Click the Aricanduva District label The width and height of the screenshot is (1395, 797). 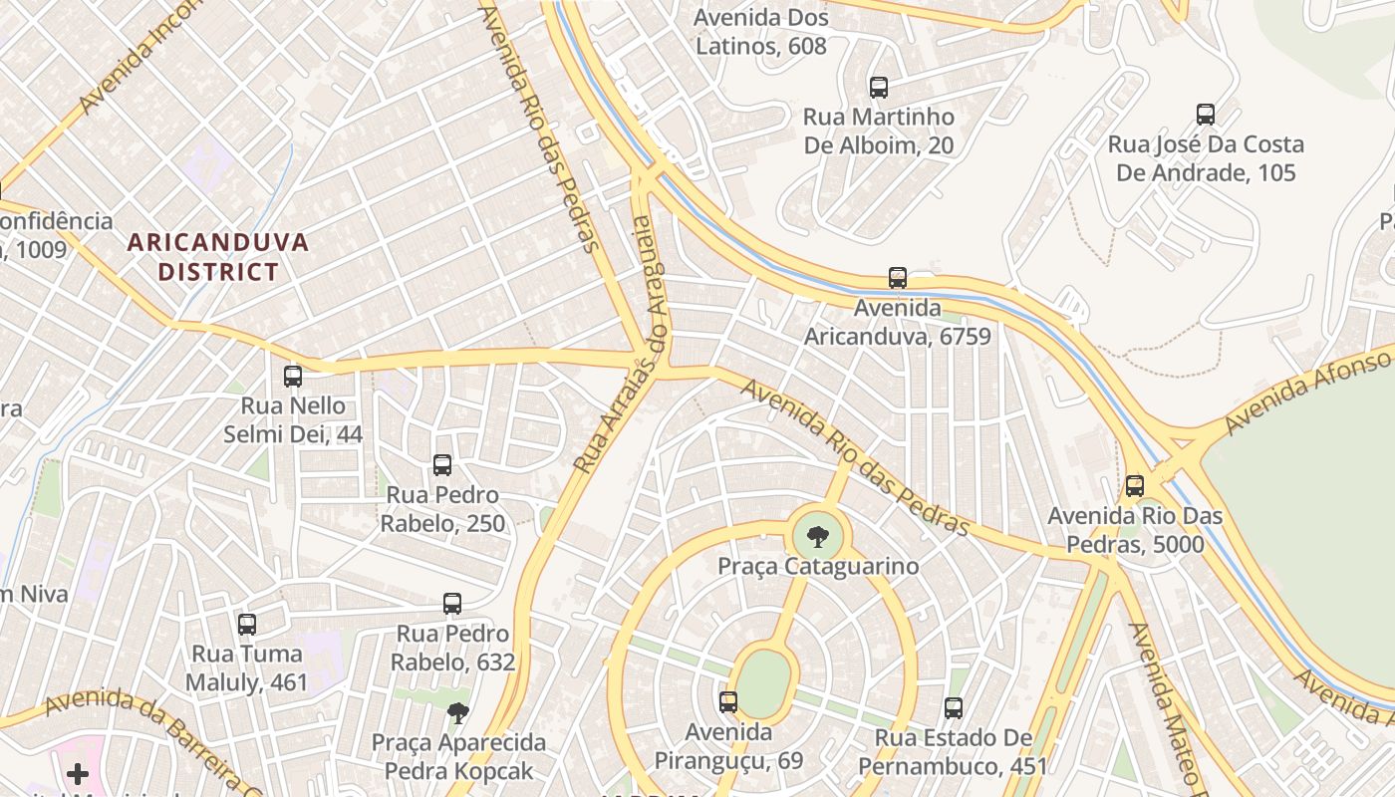click(x=218, y=257)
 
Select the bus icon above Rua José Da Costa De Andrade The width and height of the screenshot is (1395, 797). click(x=1206, y=115)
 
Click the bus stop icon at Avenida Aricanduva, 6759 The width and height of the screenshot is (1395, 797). click(x=898, y=278)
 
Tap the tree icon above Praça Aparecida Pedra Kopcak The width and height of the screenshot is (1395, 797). click(x=458, y=712)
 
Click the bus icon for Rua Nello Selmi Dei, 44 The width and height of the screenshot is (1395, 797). click(x=293, y=377)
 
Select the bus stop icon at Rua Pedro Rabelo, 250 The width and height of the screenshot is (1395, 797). click(x=442, y=465)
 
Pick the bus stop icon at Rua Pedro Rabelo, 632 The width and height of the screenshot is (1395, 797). click(x=452, y=604)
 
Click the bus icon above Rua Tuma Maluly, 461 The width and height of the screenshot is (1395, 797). click(x=247, y=625)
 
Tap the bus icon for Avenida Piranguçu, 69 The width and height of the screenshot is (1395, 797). click(x=728, y=702)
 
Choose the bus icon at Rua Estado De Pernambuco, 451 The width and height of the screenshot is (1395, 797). click(x=954, y=708)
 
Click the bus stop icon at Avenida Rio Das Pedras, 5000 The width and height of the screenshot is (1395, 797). click(x=1134, y=486)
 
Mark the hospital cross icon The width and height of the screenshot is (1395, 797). click(x=78, y=774)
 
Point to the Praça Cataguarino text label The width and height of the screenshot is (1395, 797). click(x=818, y=566)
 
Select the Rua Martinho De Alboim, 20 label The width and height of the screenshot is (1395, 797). click(x=878, y=132)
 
